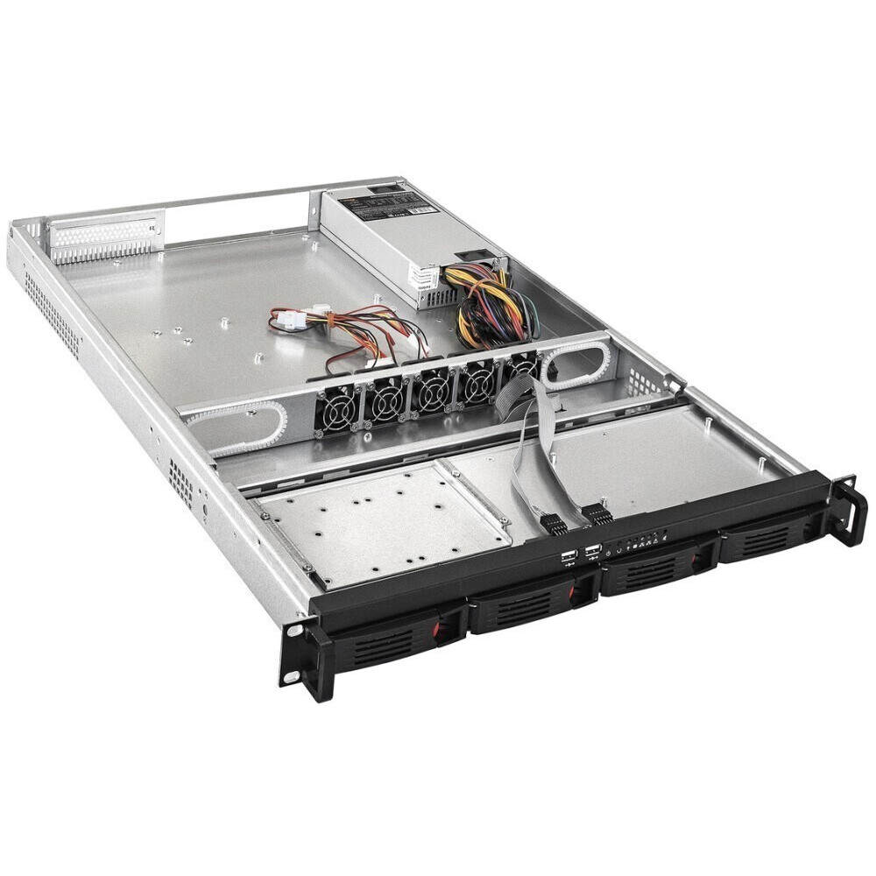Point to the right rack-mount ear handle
848,512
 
